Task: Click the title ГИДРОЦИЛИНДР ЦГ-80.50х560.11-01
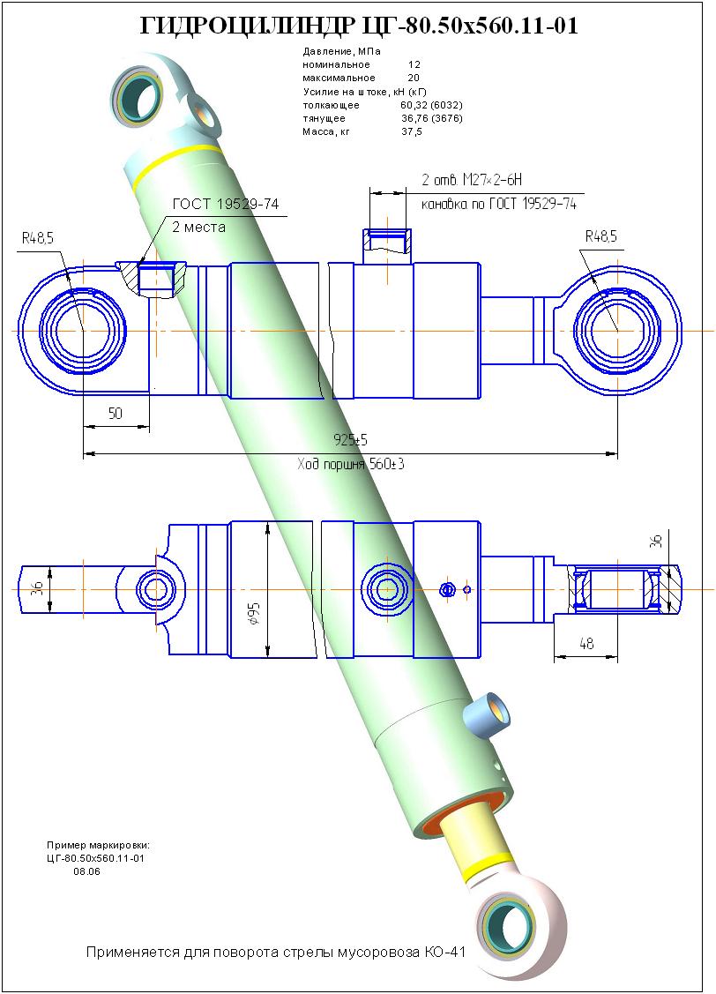pos(359,26)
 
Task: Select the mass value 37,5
pos(412,131)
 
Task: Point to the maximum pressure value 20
pos(414,78)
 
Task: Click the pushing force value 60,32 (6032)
pos(431,105)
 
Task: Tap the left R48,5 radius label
pos(38,237)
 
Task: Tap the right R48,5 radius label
pos(600,235)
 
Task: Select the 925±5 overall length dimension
pos(350,438)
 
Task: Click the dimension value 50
pos(115,414)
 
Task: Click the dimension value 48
pos(585,645)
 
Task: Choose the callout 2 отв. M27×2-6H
pos(473,180)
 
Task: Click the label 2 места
pos(198,227)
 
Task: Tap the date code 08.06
pos(87,871)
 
